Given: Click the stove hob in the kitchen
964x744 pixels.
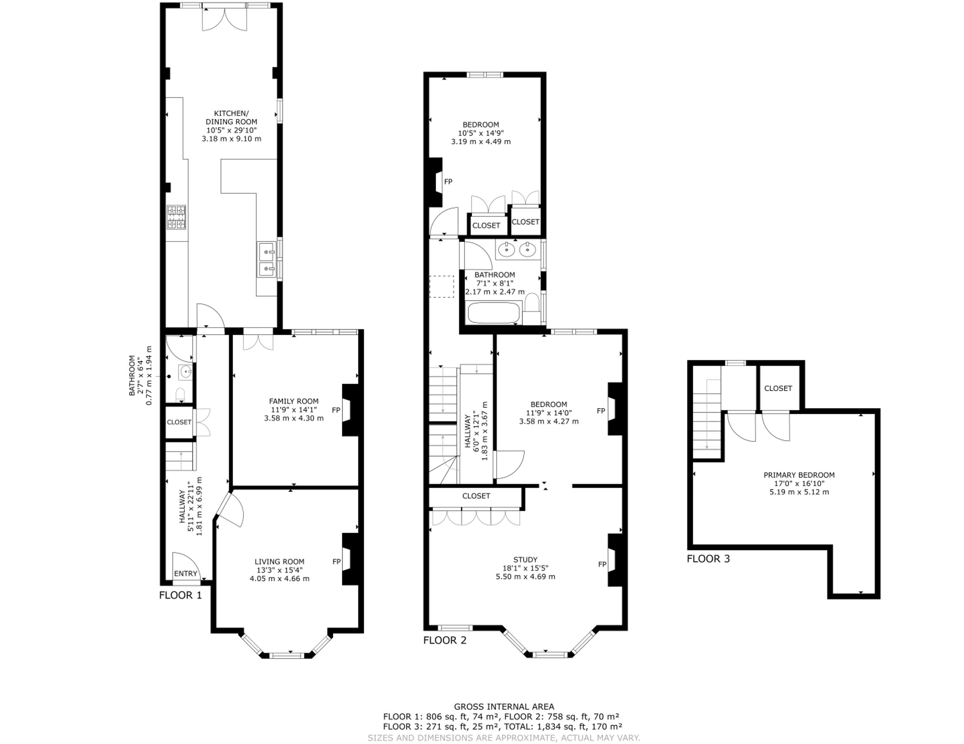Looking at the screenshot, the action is (x=176, y=217).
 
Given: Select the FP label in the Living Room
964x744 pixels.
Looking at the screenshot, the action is (x=336, y=562).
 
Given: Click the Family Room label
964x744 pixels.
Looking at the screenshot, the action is (x=293, y=401).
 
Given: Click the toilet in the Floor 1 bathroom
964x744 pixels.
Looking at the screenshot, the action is (x=180, y=395).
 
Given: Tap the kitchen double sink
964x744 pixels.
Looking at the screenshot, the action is (x=267, y=260).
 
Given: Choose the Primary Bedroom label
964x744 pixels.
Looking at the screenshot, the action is (x=799, y=475).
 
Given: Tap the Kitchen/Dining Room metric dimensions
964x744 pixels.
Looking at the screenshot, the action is (x=231, y=139).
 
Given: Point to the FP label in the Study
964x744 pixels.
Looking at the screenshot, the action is (x=602, y=564).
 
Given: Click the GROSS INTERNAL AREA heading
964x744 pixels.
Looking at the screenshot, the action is (x=504, y=706).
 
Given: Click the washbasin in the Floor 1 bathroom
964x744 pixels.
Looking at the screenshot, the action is (x=185, y=372).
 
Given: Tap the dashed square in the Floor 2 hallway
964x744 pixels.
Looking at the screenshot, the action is (x=441, y=287).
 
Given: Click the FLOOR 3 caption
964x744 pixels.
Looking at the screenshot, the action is (x=708, y=559).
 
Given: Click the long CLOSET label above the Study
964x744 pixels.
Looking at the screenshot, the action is (x=476, y=496).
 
